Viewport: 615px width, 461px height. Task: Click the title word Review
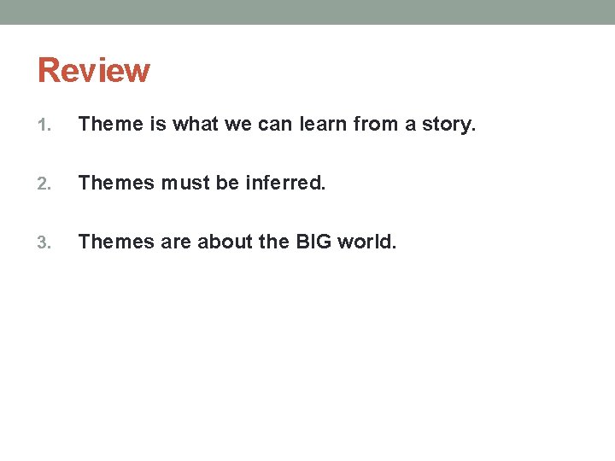click(x=94, y=70)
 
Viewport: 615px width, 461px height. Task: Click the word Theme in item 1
click(x=111, y=125)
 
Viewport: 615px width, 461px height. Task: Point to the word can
click(x=276, y=125)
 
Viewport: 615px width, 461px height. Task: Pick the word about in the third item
click(x=225, y=242)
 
